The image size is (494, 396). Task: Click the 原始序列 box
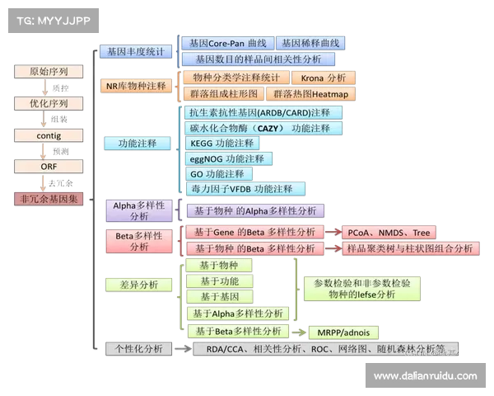click(49, 72)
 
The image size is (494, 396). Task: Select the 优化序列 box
click(49, 104)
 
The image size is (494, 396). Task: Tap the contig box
click(49, 135)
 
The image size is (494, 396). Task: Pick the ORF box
click(49, 167)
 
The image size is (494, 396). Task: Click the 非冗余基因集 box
click(49, 199)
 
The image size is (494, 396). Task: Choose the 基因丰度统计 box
click(135, 51)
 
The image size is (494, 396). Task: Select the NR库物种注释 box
click(136, 86)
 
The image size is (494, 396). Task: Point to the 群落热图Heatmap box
click(311, 94)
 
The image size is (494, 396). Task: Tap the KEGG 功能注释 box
click(221, 143)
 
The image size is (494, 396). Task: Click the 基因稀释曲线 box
click(310, 43)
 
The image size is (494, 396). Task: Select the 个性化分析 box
click(138, 348)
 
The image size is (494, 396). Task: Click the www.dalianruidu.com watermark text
click(425, 376)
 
